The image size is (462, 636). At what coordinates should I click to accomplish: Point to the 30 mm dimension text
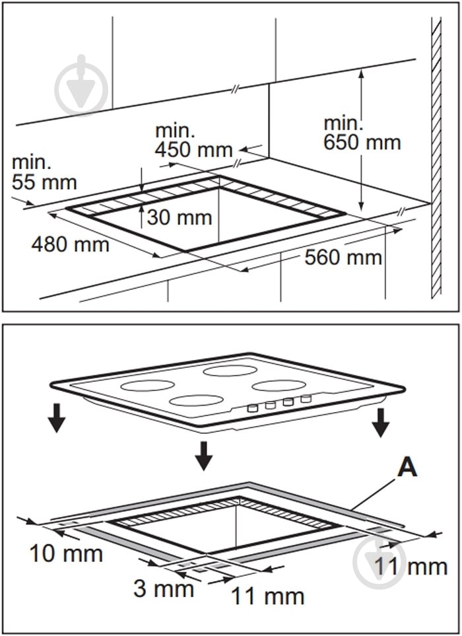[180, 217]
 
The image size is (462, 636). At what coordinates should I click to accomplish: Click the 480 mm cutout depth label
[71, 244]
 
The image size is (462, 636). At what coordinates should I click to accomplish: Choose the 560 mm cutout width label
[343, 257]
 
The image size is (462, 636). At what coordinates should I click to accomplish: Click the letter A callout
[407, 468]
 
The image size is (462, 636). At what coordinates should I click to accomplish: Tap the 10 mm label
[66, 553]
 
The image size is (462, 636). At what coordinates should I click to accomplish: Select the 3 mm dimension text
[164, 588]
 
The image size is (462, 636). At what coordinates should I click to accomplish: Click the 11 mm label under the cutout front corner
[267, 596]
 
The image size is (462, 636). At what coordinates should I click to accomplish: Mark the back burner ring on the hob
[230, 371]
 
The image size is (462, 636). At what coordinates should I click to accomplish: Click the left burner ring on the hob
[148, 385]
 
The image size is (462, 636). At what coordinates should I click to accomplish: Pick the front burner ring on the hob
[196, 400]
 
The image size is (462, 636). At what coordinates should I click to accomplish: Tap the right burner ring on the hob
[279, 385]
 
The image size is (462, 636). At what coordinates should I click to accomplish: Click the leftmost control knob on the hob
[253, 408]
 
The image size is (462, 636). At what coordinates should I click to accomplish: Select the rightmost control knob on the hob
[306, 399]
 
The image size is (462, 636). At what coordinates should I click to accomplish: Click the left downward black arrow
[57, 418]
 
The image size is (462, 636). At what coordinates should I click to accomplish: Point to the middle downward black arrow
[204, 456]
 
